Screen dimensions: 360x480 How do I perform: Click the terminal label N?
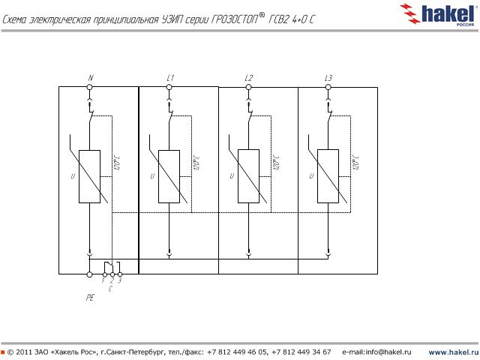(x=90, y=78)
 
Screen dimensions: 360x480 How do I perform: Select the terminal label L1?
(x=170, y=78)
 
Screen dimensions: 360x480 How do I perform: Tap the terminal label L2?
(x=249, y=78)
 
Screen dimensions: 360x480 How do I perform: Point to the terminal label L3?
(x=328, y=78)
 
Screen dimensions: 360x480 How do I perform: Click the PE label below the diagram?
(x=90, y=298)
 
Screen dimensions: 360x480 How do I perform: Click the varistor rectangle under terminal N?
(x=90, y=177)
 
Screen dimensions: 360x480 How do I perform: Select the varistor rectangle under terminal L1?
(x=169, y=177)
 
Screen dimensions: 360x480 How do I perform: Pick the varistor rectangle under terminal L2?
(x=249, y=177)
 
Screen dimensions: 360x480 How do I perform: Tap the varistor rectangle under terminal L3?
(x=328, y=177)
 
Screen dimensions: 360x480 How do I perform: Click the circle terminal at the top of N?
(x=90, y=87)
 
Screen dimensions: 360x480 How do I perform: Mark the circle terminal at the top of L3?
(x=328, y=87)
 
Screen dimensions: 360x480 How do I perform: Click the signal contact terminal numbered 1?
(x=104, y=274)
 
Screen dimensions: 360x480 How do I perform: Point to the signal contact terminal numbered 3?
(x=119, y=274)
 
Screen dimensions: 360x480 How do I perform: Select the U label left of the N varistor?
(x=72, y=177)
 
